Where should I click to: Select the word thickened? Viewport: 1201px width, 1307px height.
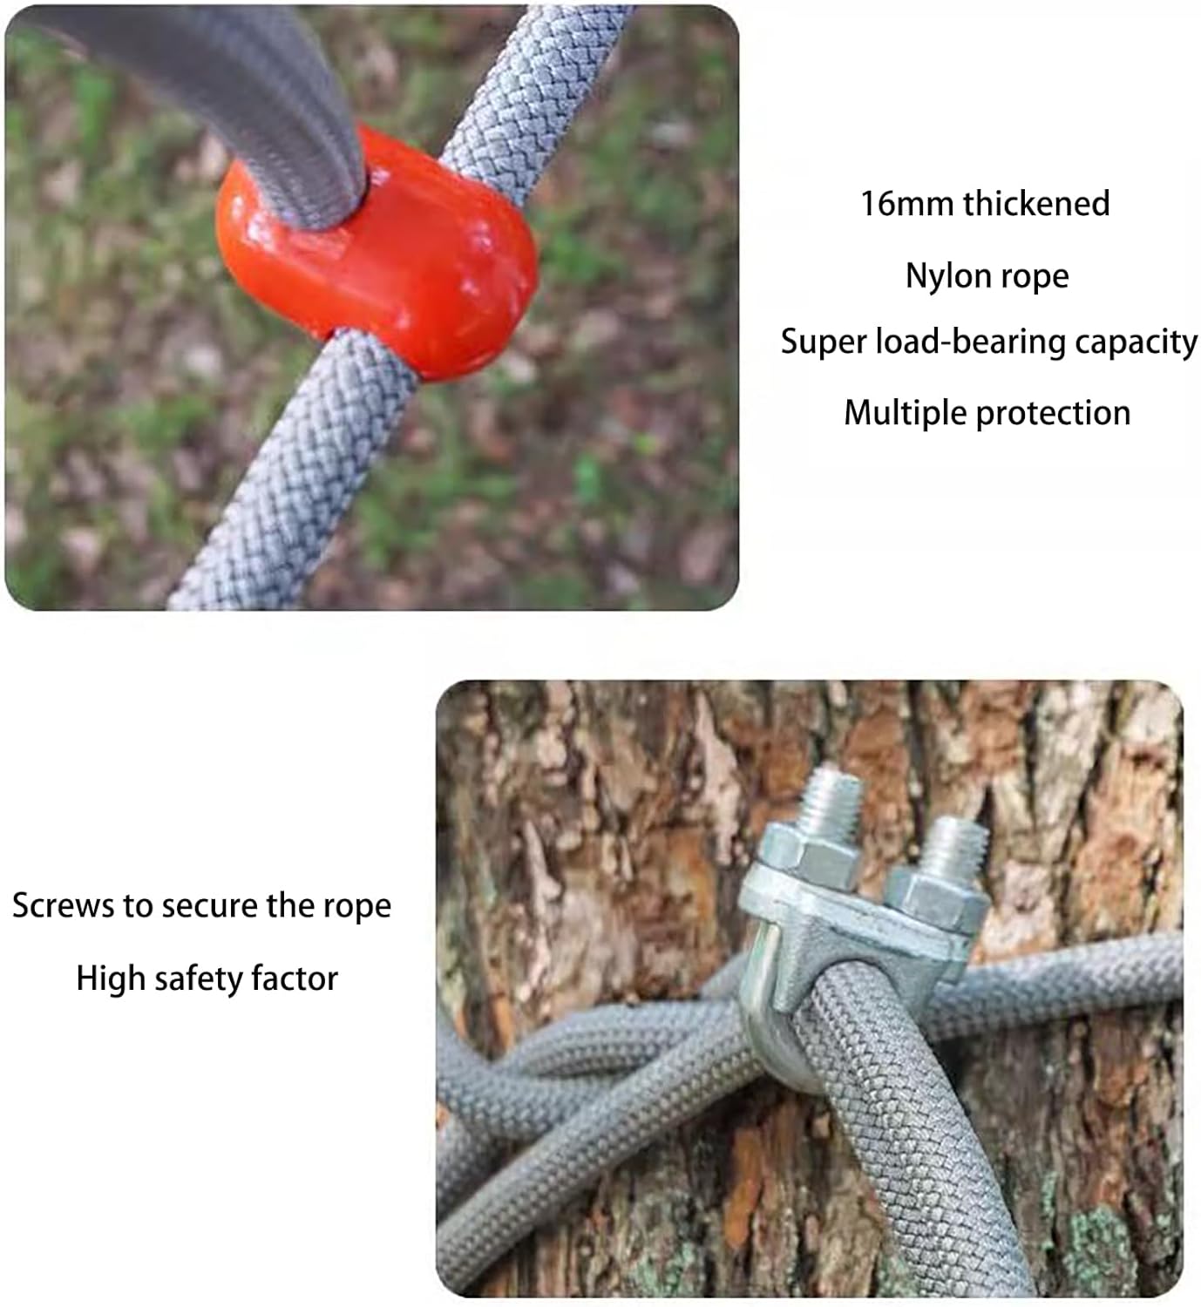(x=1036, y=203)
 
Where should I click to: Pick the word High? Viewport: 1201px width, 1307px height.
(x=110, y=979)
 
